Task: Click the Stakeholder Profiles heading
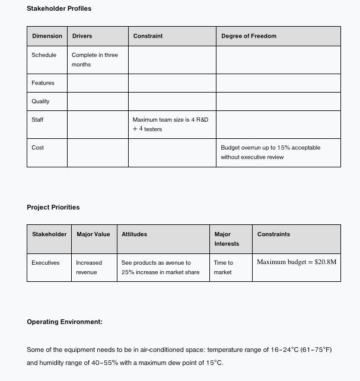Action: click(59, 8)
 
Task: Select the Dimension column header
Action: click(47, 36)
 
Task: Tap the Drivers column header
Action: click(82, 36)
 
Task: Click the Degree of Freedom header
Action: click(249, 36)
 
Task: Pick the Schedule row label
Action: click(44, 55)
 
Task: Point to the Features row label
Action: click(43, 83)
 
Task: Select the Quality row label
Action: click(40, 101)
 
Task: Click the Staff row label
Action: click(37, 120)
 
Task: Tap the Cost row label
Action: click(38, 148)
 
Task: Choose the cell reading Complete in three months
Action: click(95, 59)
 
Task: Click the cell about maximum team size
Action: click(170, 124)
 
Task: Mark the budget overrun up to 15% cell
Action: click(270, 152)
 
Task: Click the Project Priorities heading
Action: click(53, 207)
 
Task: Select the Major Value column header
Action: click(93, 234)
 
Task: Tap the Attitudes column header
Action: click(134, 234)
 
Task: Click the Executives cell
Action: click(46, 263)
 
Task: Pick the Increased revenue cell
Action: click(89, 267)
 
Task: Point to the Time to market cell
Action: click(224, 267)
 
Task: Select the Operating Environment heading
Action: click(65, 322)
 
